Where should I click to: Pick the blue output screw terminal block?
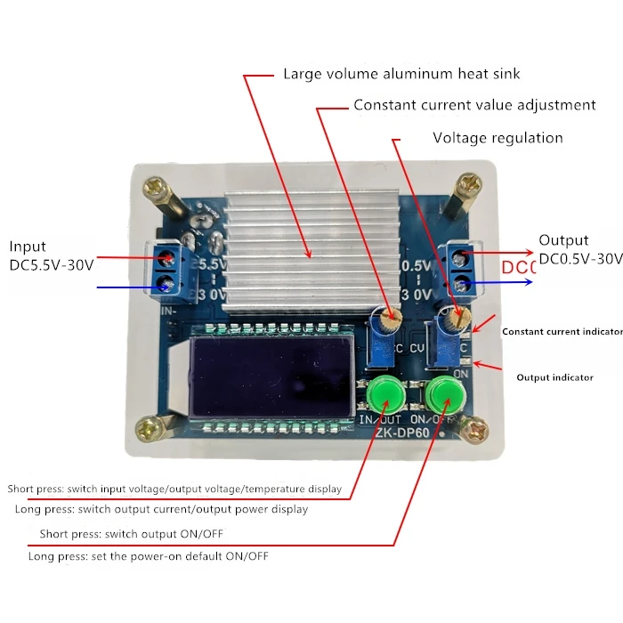(x=462, y=271)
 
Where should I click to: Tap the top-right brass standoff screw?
(x=467, y=194)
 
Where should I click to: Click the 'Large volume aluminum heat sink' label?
(x=401, y=74)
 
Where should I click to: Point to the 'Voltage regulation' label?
(x=498, y=138)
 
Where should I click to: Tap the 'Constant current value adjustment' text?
(x=474, y=105)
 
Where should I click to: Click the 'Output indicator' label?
(x=554, y=377)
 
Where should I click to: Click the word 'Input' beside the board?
(x=28, y=247)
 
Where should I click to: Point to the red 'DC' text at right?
(x=517, y=268)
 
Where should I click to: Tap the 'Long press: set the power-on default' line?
(x=148, y=556)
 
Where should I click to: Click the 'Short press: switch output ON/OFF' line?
(x=132, y=534)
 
